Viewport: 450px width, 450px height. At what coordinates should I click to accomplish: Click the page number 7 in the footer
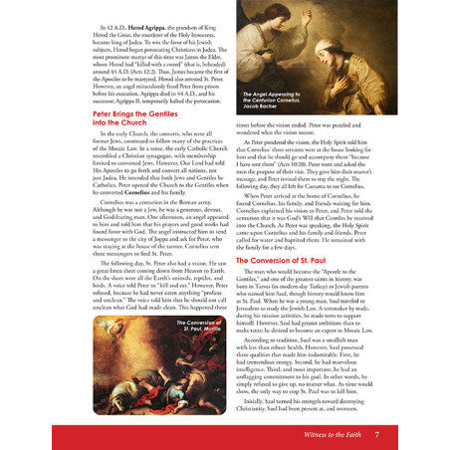pos(377,435)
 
